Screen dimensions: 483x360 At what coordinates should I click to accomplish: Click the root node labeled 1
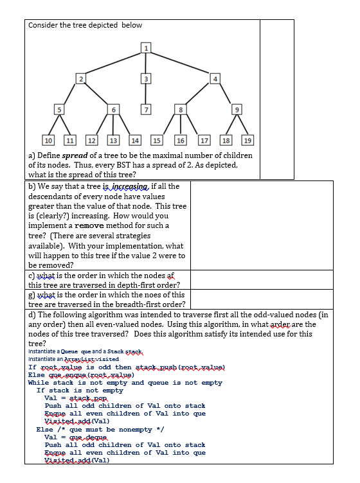[147, 47]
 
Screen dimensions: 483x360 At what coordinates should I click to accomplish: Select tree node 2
[80, 78]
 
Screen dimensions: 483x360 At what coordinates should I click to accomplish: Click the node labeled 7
[147, 109]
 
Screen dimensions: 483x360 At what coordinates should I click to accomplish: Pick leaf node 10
[48, 140]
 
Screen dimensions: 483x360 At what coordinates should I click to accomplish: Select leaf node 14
[136, 140]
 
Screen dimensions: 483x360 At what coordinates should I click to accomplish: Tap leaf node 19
[248, 140]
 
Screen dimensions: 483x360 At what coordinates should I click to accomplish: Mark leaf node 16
[181, 140]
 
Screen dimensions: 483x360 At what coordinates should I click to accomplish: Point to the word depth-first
[157, 285]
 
